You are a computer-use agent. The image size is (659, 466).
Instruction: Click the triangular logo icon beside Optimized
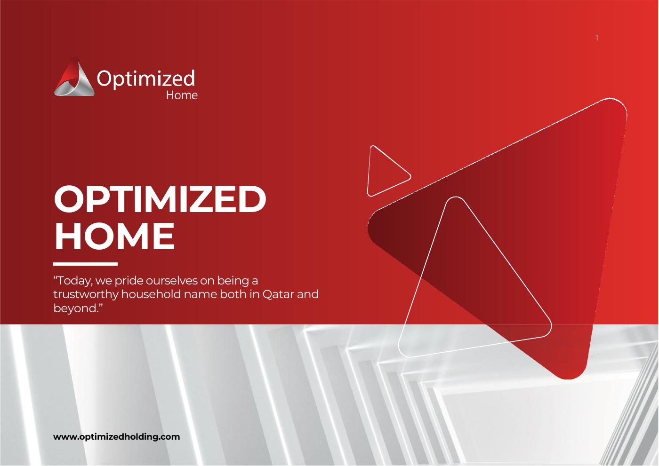coord(74,77)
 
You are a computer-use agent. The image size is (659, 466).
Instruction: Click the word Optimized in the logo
coord(146,79)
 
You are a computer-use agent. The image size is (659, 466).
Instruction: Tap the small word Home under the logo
coord(182,95)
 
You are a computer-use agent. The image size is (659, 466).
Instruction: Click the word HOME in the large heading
coord(115,236)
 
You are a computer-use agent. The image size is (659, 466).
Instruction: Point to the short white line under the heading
coord(85,264)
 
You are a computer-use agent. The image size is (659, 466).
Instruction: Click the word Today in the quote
coord(73,281)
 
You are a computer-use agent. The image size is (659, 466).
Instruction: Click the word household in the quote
coord(151,294)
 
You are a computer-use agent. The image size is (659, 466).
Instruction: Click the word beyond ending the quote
coord(75,308)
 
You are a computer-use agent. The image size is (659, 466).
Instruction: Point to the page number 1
coord(597,38)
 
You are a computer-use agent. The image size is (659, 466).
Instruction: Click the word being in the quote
coord(233,281)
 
